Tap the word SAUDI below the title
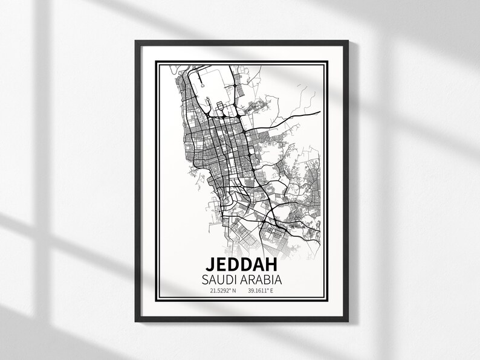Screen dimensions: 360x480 click(221, 281)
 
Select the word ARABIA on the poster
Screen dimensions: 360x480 click(261, 281)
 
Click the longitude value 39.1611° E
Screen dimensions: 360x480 click(261, 291)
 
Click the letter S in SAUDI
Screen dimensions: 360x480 click(206, 281)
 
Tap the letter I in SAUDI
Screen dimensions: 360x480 click(237, 281)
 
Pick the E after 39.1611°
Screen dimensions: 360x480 click(273, 291)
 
